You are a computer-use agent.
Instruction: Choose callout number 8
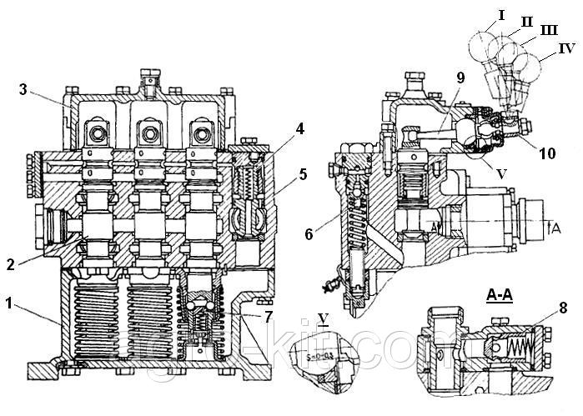click(563, 308)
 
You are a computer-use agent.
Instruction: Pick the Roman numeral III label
click(549, 31)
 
